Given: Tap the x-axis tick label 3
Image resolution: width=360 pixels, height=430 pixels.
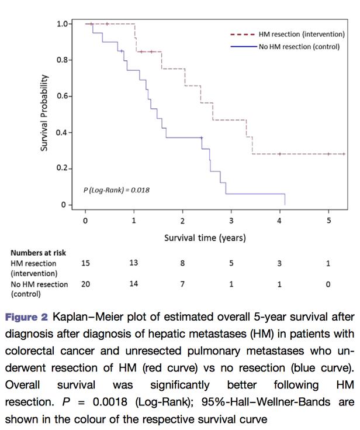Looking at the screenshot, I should click(231, 221).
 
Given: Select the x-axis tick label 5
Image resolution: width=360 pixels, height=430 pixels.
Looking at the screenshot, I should click(328, 221).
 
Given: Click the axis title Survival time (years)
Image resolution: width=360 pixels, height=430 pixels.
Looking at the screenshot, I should click(205, 238).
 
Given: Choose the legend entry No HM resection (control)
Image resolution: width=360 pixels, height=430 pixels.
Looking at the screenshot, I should click(299, 46).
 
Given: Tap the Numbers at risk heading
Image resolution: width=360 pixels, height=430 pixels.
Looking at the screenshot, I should click(38, 253).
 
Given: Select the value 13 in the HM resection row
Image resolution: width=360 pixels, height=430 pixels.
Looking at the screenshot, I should click(134, 263).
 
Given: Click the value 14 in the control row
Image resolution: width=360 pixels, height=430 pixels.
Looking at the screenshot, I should click(134, 284).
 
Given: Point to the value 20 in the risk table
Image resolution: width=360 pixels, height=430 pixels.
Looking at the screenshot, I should click(85, 284).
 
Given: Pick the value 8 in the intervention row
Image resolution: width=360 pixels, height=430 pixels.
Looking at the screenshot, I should click(182, 263).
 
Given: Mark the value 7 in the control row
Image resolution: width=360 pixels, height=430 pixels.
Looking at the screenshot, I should click(182, 284).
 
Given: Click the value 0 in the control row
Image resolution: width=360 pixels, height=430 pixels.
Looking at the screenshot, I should click(328, 284).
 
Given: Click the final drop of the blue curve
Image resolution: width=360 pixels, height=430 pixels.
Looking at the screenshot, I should click(285, 199).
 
